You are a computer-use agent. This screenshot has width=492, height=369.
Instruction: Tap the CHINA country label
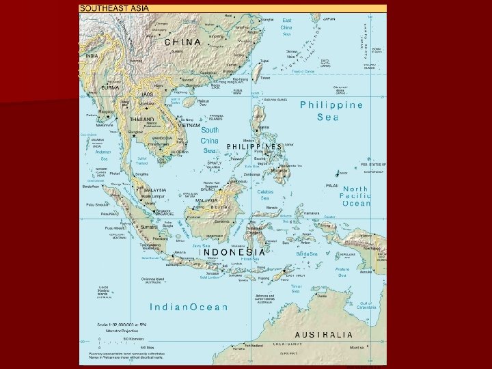pos(183,42)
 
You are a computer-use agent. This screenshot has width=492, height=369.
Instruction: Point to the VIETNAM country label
pos(188,126)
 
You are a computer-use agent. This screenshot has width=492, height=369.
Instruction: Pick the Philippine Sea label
pos(331,111)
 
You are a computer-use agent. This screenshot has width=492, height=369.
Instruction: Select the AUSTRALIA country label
pos(324,335)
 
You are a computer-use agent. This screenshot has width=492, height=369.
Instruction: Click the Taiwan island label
pos(265,77)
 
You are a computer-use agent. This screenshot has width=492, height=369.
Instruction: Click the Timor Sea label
pos(296,290)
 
